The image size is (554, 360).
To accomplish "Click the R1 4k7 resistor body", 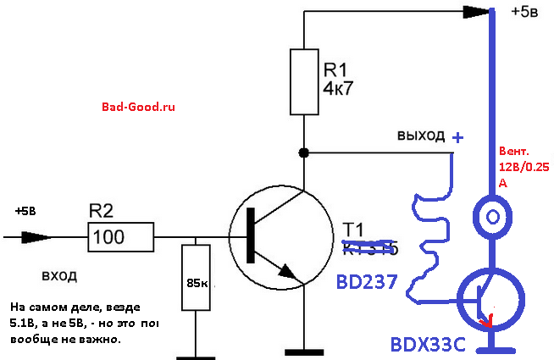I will click(x=302, y=81).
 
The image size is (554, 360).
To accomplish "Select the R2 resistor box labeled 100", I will click(x=121, y=236).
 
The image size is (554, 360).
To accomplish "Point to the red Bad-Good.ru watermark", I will click(x=137, y=108).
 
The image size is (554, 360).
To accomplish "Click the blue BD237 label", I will click(x=367, y=282).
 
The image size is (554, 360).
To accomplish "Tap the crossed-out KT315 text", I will click(x=369, y=248).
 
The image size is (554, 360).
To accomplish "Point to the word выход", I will click(x=420, y=136).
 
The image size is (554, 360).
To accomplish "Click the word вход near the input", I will click(x=59, y=276).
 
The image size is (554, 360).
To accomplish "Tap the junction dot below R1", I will click(x=302, y=153).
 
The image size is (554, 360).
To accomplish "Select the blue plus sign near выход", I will click(x=458, y=136).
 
